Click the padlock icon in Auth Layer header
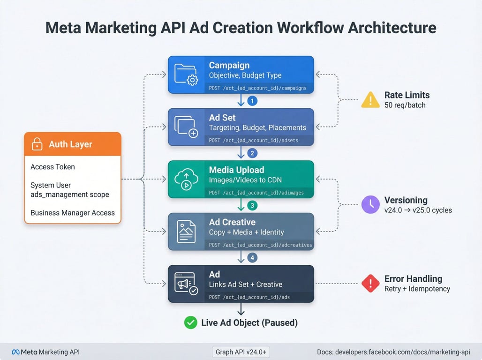point(37,144)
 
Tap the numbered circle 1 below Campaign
point(252,101)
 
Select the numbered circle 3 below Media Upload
point(252,205)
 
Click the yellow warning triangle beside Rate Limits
point(370,99)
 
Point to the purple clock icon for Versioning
point(370,204)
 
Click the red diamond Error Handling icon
point(370,283)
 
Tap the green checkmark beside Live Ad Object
point(190,322)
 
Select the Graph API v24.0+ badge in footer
point(241,352)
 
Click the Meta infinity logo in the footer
point(15,352)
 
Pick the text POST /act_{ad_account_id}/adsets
point(253,140)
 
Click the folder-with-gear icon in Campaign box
point(186,75)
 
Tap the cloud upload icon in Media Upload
point(186,179)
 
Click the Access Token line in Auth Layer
point(53,166)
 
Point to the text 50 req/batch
point(405,105)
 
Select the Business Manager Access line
point(73,213)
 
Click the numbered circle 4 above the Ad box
point(252,258)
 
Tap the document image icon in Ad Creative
point(186,232)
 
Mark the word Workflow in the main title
point(310,28)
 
